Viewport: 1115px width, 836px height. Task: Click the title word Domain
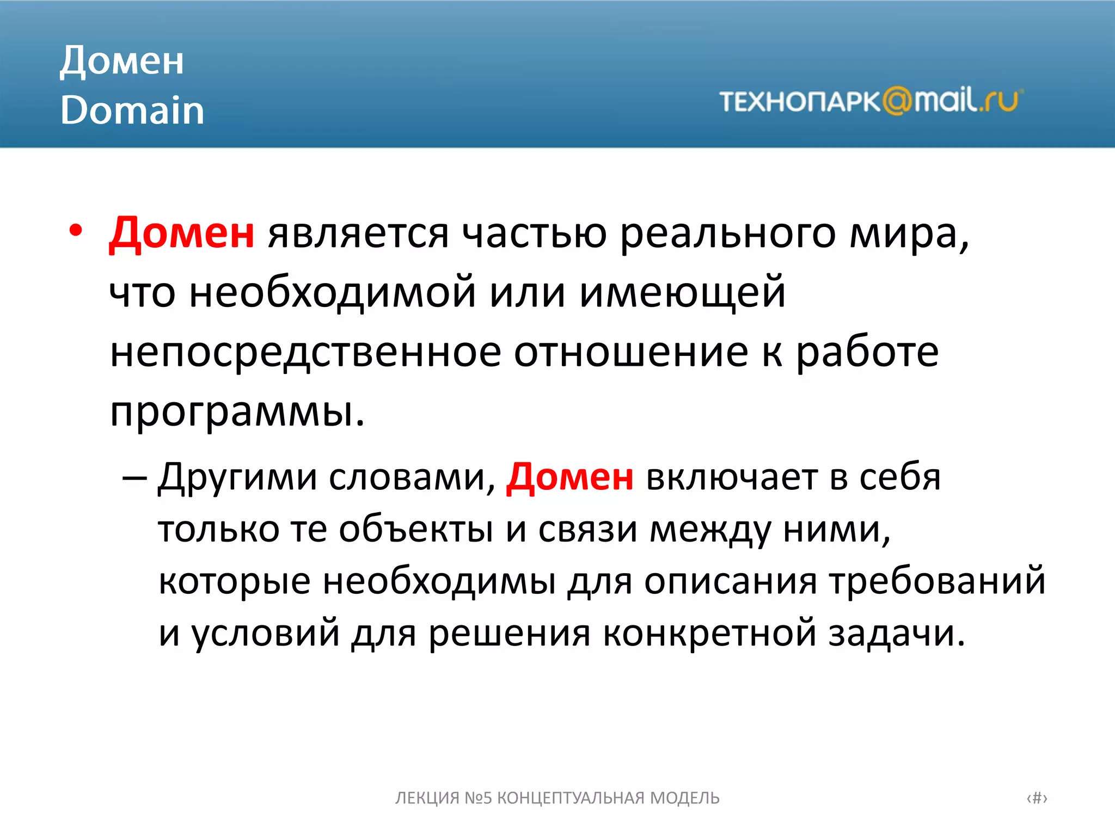(132, 110)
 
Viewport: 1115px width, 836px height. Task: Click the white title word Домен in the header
(122, 61)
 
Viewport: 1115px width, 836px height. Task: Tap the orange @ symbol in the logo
(897, 101)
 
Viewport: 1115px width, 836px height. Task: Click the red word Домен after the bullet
(182, 233)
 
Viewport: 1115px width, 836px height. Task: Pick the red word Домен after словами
(569, 477)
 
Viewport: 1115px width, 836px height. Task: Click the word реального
(728, 234)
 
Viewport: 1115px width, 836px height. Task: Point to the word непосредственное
(305, 353)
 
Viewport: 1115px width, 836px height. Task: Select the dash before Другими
(134, 478)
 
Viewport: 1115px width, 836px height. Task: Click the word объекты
(416, 529)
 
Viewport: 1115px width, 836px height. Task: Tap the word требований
(937, 581)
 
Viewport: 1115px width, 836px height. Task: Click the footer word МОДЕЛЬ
(685, 798)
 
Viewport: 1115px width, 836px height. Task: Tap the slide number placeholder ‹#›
(1037, 798)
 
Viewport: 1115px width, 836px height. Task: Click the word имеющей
(682, 292)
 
